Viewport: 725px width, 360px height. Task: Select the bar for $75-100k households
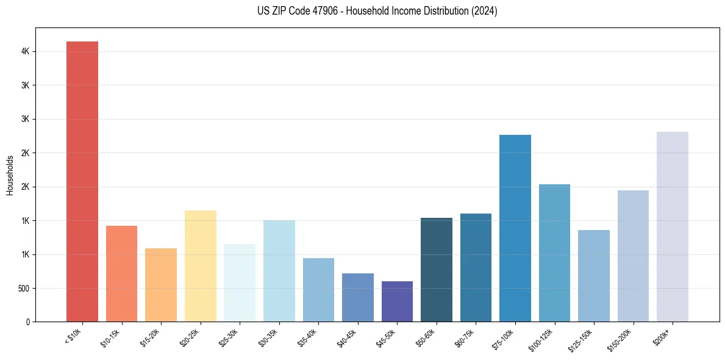(515, 228)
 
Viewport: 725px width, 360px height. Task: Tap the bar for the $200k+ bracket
(672, 226)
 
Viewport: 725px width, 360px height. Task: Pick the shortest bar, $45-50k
(397, 301)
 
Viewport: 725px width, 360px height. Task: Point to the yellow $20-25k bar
(200, 266)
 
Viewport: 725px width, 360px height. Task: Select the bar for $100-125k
(554, 253)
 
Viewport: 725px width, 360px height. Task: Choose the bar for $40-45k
(357, 297)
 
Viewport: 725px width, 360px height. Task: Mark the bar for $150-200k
(633, 256)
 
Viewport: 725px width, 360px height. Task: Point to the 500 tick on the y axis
(24, 288)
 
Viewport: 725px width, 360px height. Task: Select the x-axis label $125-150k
(582, 338)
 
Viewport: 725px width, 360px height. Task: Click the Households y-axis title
(10, 175)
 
